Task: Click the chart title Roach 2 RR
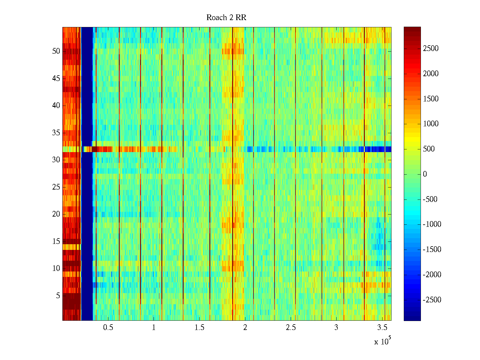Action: pyautogui.click(x=226, y=18)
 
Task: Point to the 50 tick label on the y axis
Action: pyautogui.click(x=56, y=51)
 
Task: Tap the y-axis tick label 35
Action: pyautogui.click(x=56, y=133)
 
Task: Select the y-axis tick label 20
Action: pyautogui.click(x=56, y=214)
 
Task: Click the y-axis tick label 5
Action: pyautogui.click(x=58, y=296)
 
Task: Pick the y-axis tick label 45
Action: pyautogui.click(x=56, y=79)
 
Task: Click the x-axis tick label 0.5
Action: pyautogui.click(x=108, y=328)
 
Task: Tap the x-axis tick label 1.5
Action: pyautogui.click(x=199, y=328)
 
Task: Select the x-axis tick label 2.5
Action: pyautogui.click(x=291, y=328)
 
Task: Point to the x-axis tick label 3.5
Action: pyautogui.click(x=382, y=328)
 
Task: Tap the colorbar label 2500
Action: pyautogui.click(x=431, y=49)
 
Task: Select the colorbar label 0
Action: pyautogui.click(x=425, y=174)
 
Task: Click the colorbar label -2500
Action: pyautogui.click(x=432, y=300)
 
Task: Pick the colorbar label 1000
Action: pyautogui.click(x=431, y=124)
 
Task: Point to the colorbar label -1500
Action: pyautogui.click(x=432, y=250)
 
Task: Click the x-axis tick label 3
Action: pyautogui.click(x=336, y=328)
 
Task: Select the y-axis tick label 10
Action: pyautogui.click(x=56, y=268)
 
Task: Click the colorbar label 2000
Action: pyautogui.click(x=431, y=74)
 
